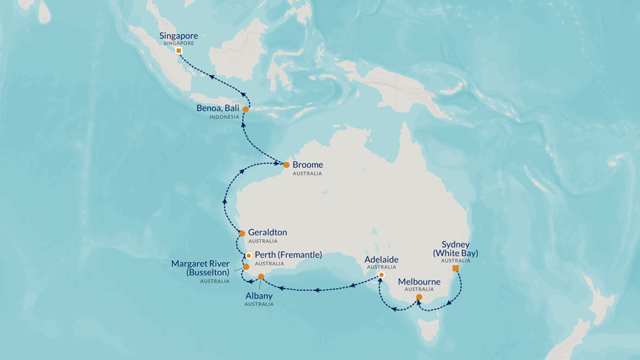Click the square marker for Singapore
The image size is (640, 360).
click(179, 51)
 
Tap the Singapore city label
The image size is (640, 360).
click(179, 36)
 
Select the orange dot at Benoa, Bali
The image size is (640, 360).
click(245, 109)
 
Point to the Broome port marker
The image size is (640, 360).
click(286, 165)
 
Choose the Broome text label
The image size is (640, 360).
click(307, 165)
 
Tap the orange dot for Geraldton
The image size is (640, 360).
click(241, 233)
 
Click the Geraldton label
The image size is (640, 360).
click(267, 233)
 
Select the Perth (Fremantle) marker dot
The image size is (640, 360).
click(248, 255)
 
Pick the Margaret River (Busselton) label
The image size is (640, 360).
click(201, 268)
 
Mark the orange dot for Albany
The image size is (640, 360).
click(261, 277)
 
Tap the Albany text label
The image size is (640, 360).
click(259, 296)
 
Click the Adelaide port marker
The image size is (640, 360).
click(381, 275)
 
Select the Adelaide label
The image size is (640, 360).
click(381, 259)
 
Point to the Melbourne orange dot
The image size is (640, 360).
click(419, 297)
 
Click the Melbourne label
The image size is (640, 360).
click(419, 282)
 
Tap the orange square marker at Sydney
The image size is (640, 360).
click(455, 269)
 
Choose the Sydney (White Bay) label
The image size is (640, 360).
click(455, 249)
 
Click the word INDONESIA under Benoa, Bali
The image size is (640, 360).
click(224, 117)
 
